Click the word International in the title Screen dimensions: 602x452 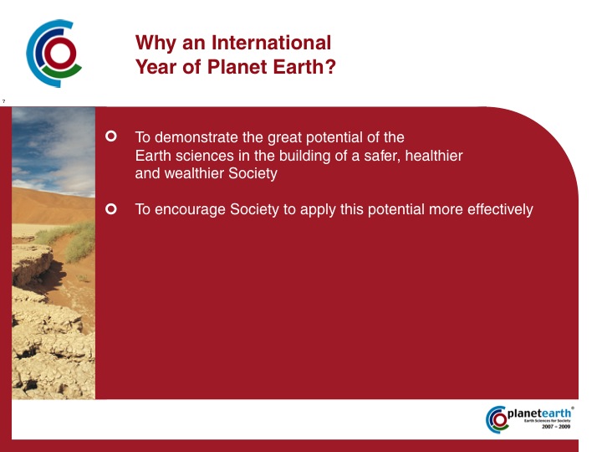(271, 43)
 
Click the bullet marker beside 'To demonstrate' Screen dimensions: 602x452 (111, 136)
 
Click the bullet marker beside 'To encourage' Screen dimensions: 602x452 (111, 209)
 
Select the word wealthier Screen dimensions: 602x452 (194, 173)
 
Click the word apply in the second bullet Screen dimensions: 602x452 (318, 211)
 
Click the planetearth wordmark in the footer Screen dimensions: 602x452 (539, 413)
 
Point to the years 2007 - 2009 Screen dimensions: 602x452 (556, 427)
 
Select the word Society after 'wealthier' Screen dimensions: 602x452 (253, 173)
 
